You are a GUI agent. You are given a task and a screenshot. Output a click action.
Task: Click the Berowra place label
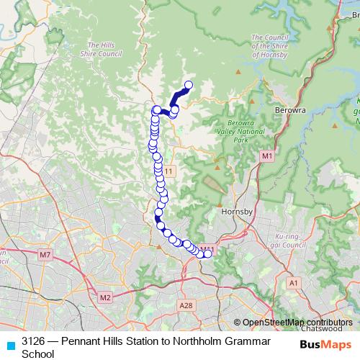[x=290, y=110]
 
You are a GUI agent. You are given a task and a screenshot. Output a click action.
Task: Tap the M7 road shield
[x=45, y=255]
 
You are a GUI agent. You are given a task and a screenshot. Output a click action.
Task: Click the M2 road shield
[x=105, y=297]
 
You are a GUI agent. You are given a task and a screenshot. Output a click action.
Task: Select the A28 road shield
[x=186, y=305]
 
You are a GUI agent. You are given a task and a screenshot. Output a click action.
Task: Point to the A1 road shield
[x=293, y=283]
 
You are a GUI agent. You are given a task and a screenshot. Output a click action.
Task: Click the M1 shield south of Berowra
[x=267, y=156]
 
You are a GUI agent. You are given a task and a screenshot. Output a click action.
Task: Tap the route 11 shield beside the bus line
[x=168, y=171]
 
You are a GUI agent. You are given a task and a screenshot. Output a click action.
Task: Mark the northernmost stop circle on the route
[x=189, y=86]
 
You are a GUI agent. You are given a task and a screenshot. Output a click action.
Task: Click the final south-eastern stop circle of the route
[x=209, y=253]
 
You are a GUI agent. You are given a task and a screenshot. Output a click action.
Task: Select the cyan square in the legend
[x=10, y=343]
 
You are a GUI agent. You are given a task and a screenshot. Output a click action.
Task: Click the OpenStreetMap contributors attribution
[x=297, y=323]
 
